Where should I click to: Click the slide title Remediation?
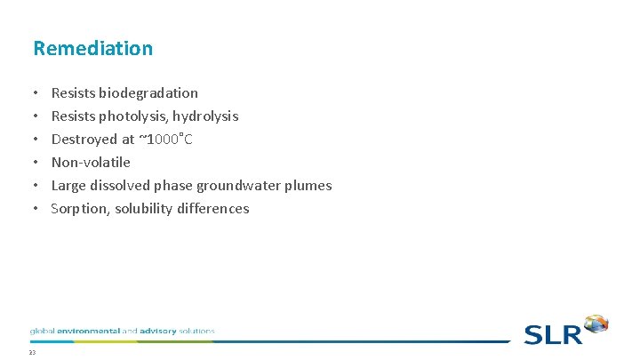tap(92, 48)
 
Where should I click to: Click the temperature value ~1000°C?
tap(165, 139)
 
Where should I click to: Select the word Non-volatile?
tap(91, 162)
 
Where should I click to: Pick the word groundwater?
tap(244, 185)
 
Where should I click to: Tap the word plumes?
tap(309, 185)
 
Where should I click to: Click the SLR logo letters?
tap(553, 334)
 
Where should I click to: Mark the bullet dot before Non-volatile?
tap(34, 162)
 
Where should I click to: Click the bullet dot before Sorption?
tap(34, 208)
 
